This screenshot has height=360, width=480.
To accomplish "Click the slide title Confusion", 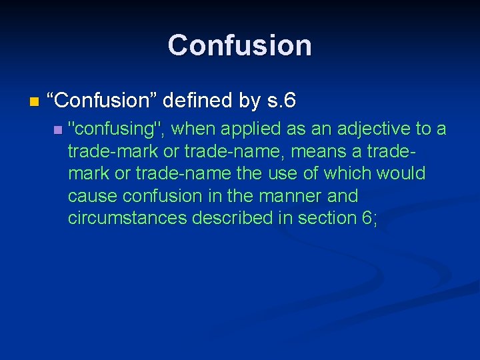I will [240, 45].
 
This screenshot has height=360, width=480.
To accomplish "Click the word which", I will [349, 173].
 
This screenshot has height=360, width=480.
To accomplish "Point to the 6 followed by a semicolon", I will [369, 218].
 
